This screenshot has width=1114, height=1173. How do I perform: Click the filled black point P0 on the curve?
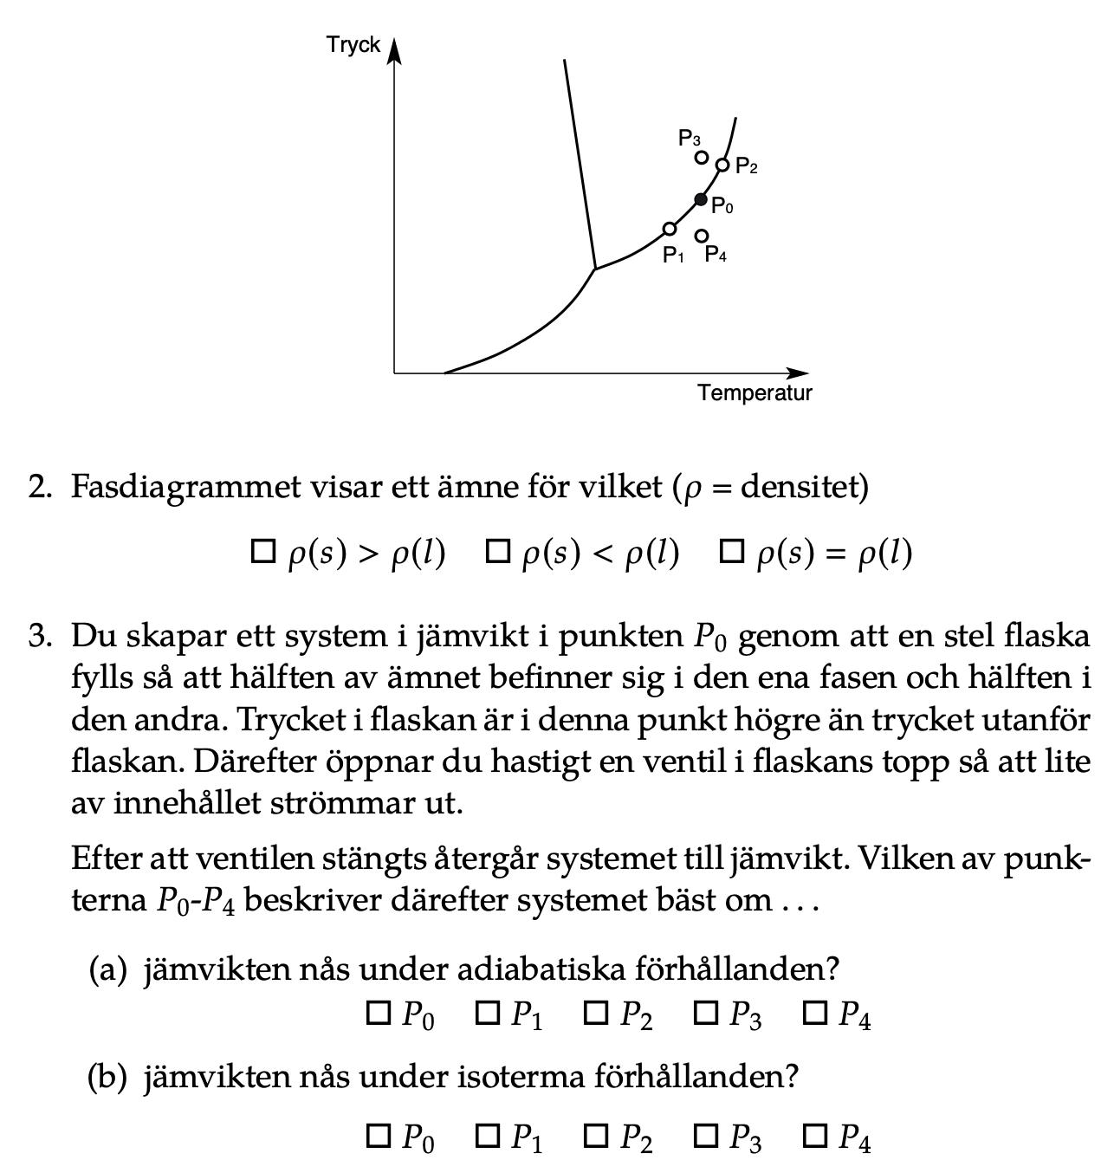click(x=702, y=200)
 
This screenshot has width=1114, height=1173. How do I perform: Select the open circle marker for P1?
click(x=670, y=229)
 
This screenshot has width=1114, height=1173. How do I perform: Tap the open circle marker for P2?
click(x=722, y=165)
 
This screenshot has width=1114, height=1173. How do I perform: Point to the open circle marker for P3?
click(x=702, y=158)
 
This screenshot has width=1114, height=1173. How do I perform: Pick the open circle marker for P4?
click(x=702, y=236)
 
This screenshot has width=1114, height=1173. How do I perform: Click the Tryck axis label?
click(x=353, y=45)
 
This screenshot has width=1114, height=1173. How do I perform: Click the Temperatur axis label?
click(x=755, y=393)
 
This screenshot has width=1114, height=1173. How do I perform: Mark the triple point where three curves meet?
click(x=595, y=269)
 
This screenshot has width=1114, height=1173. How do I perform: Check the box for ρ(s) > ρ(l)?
click(x=262, y=551)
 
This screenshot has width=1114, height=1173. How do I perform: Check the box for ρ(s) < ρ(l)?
click(x=497, y=551)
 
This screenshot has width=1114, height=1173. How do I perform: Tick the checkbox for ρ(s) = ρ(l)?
click(x=732, y=551)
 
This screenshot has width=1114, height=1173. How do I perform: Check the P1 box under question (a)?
click(x=488, y=1013)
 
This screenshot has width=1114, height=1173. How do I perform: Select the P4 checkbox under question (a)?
click(x=815, y=1013)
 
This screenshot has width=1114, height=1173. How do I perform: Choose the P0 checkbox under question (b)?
click(x=379, y=1136)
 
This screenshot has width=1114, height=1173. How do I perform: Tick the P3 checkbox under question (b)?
click(x=706, y=1136)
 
